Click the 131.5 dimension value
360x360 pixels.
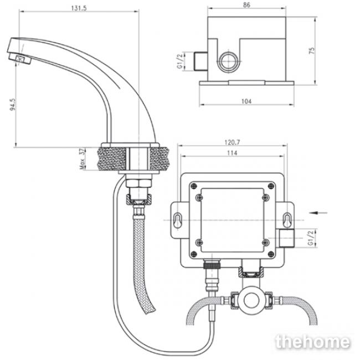pyautogui.click(x=79, y=8)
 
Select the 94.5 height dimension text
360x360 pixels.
pyautogui.click(x=13, y=105)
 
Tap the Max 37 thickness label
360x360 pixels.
pyautogui.click(x=82, y=158)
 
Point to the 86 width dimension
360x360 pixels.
pyautogui.click(x=246, y=5)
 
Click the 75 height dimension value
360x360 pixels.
pyautogui.click(x=312, y=50)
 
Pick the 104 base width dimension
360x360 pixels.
pyautogui.click(x=246, y=101)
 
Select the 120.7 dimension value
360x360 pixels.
pyautogui.click(x=232, y=142)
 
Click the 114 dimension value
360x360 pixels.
pyautogui.click(x=232, y=153)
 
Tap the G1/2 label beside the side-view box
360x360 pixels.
pyautogui.click(x=180, y=61)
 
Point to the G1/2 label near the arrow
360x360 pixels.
pyautogui.click(x=311, y=238)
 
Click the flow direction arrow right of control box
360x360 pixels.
pyautogui.click(x=318, y=213)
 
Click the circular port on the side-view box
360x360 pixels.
pyautogui.click(x=228, y=61)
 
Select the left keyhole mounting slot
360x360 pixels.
pyautogui.click(x=177, y=220)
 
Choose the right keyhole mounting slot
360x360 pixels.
pyautogui.click(x=287, y=220)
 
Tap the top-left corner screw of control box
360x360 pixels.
pyautogui.click(x=194, y=186)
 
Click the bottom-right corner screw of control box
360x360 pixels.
pyautogui.click(x=271, y=254)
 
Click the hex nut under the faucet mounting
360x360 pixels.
pyautogui.click(x=139, y=183)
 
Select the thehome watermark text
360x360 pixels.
pyautogui.click(x=313, y=342)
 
